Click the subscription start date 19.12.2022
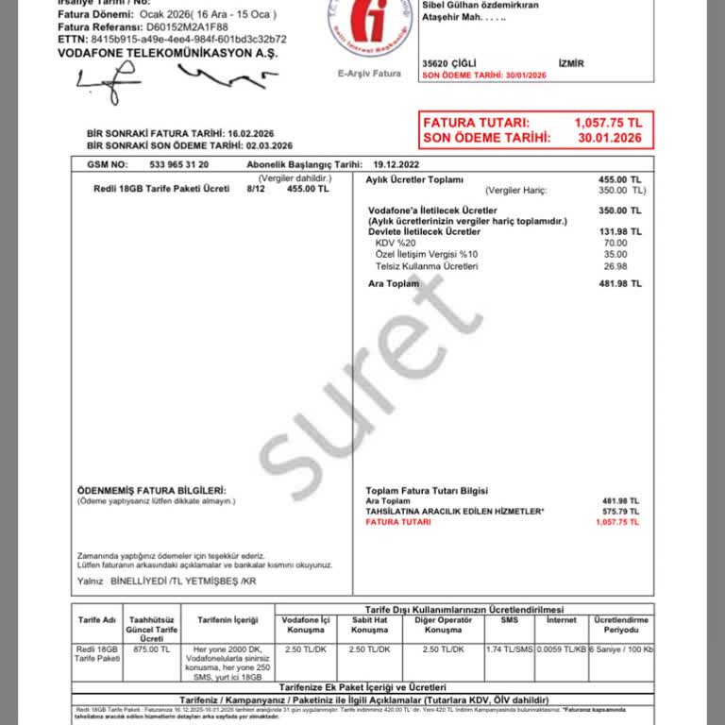399,163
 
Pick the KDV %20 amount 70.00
615,244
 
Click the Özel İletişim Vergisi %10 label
427,255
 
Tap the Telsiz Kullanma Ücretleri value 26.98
615,266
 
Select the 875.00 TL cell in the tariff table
152,649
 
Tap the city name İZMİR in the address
572,63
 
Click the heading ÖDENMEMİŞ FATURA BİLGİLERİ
151,491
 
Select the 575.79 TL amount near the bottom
620,511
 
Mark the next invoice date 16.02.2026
258,134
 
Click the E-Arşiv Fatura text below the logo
369,73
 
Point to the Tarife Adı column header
96,620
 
